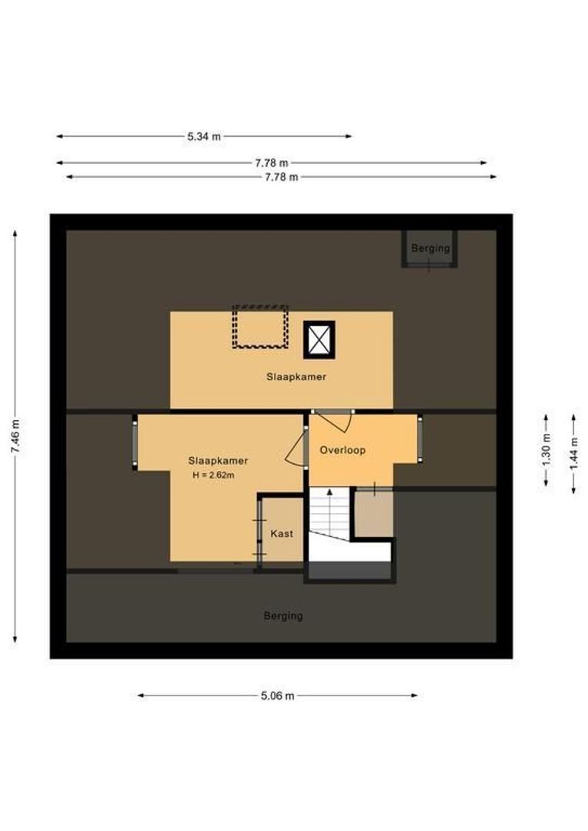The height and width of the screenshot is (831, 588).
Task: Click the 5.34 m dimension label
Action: (204, 136)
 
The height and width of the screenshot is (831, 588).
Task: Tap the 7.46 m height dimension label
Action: (15, 436)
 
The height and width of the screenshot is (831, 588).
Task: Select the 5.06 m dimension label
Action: (277, 696)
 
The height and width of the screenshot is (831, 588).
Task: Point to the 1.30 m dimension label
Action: (546, 450)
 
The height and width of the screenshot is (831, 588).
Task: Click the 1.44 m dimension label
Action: (573, 454)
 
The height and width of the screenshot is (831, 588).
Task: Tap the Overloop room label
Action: (342, 450)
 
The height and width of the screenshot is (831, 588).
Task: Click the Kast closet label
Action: (282, 534)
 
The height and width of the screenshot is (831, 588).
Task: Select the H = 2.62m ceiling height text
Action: (214, 476)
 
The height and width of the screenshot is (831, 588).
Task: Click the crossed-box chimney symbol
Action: (319, 340)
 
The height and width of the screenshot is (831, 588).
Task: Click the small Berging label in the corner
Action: (430, 248)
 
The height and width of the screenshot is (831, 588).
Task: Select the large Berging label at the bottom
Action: (283, 616)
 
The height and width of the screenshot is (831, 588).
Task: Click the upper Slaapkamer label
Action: (296, 377)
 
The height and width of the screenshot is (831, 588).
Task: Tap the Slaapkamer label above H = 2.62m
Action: (218, 461)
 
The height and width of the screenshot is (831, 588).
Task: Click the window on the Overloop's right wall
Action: (420, 439)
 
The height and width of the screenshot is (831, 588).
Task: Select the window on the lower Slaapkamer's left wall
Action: (135, 442)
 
